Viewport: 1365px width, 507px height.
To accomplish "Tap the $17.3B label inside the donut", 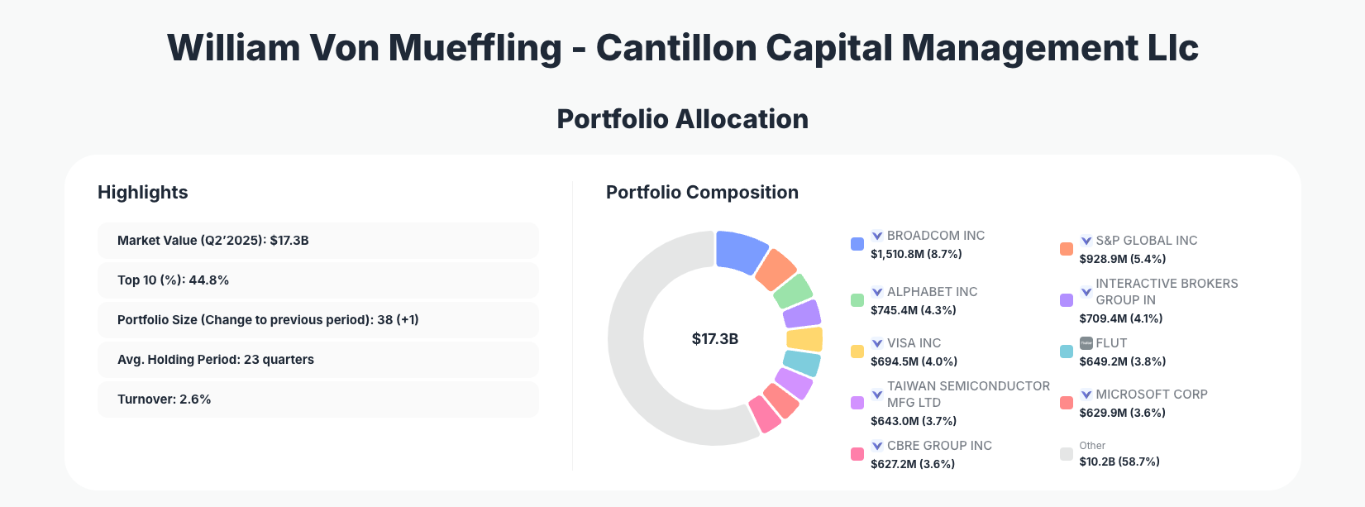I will tap(714, 339).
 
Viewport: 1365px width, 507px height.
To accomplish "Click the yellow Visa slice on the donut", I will tap(804, 339).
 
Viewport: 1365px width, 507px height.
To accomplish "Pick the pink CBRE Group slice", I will tap(765, 414).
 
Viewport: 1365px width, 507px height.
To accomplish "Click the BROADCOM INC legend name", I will tap(935, 236).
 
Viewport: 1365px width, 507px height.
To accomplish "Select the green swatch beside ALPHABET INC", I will tap(857, 300).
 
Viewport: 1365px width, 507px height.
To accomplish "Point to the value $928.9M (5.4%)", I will tap(1122, 259).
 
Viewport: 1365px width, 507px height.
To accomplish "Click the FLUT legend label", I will tap(1111, 343).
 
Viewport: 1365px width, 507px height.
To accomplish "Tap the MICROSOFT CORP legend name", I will tap(1151, 395).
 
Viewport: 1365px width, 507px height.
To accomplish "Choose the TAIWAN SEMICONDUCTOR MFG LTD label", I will tap(967, 394).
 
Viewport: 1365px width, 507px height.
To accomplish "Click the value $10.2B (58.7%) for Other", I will tap(1119, 462).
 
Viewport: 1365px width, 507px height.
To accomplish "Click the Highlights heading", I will tap(142, 193).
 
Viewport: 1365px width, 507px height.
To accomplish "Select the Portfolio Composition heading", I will tap(702, 193).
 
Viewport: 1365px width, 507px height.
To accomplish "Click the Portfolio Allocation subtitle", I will tap(682, 119).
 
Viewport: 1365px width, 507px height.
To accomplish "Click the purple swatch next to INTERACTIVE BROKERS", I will tap(1067, 300).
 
